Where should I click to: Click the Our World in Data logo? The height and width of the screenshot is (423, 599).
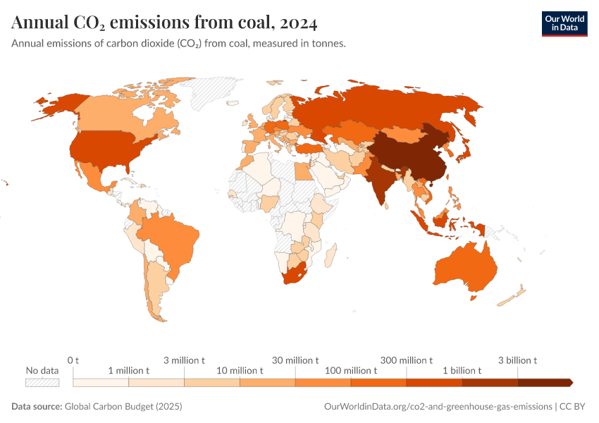coord(564,23)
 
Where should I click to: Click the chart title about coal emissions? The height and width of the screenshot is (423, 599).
coord(164,23)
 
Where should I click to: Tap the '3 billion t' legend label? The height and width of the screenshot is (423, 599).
coord(518,360)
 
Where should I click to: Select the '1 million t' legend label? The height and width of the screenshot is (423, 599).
coord(128,370)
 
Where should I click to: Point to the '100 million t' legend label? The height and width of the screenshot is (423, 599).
coord(351,370)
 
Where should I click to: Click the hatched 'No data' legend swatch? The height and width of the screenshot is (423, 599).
coord(42,382)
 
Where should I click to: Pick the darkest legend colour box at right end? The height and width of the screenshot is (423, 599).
coord(545,382)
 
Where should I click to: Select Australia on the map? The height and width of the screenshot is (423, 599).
coord(465,268)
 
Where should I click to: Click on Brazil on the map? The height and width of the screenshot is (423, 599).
coord(169,236)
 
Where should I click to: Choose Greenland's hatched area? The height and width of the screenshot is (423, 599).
coord(211,92)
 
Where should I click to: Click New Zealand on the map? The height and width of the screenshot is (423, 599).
coord(509,300)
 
